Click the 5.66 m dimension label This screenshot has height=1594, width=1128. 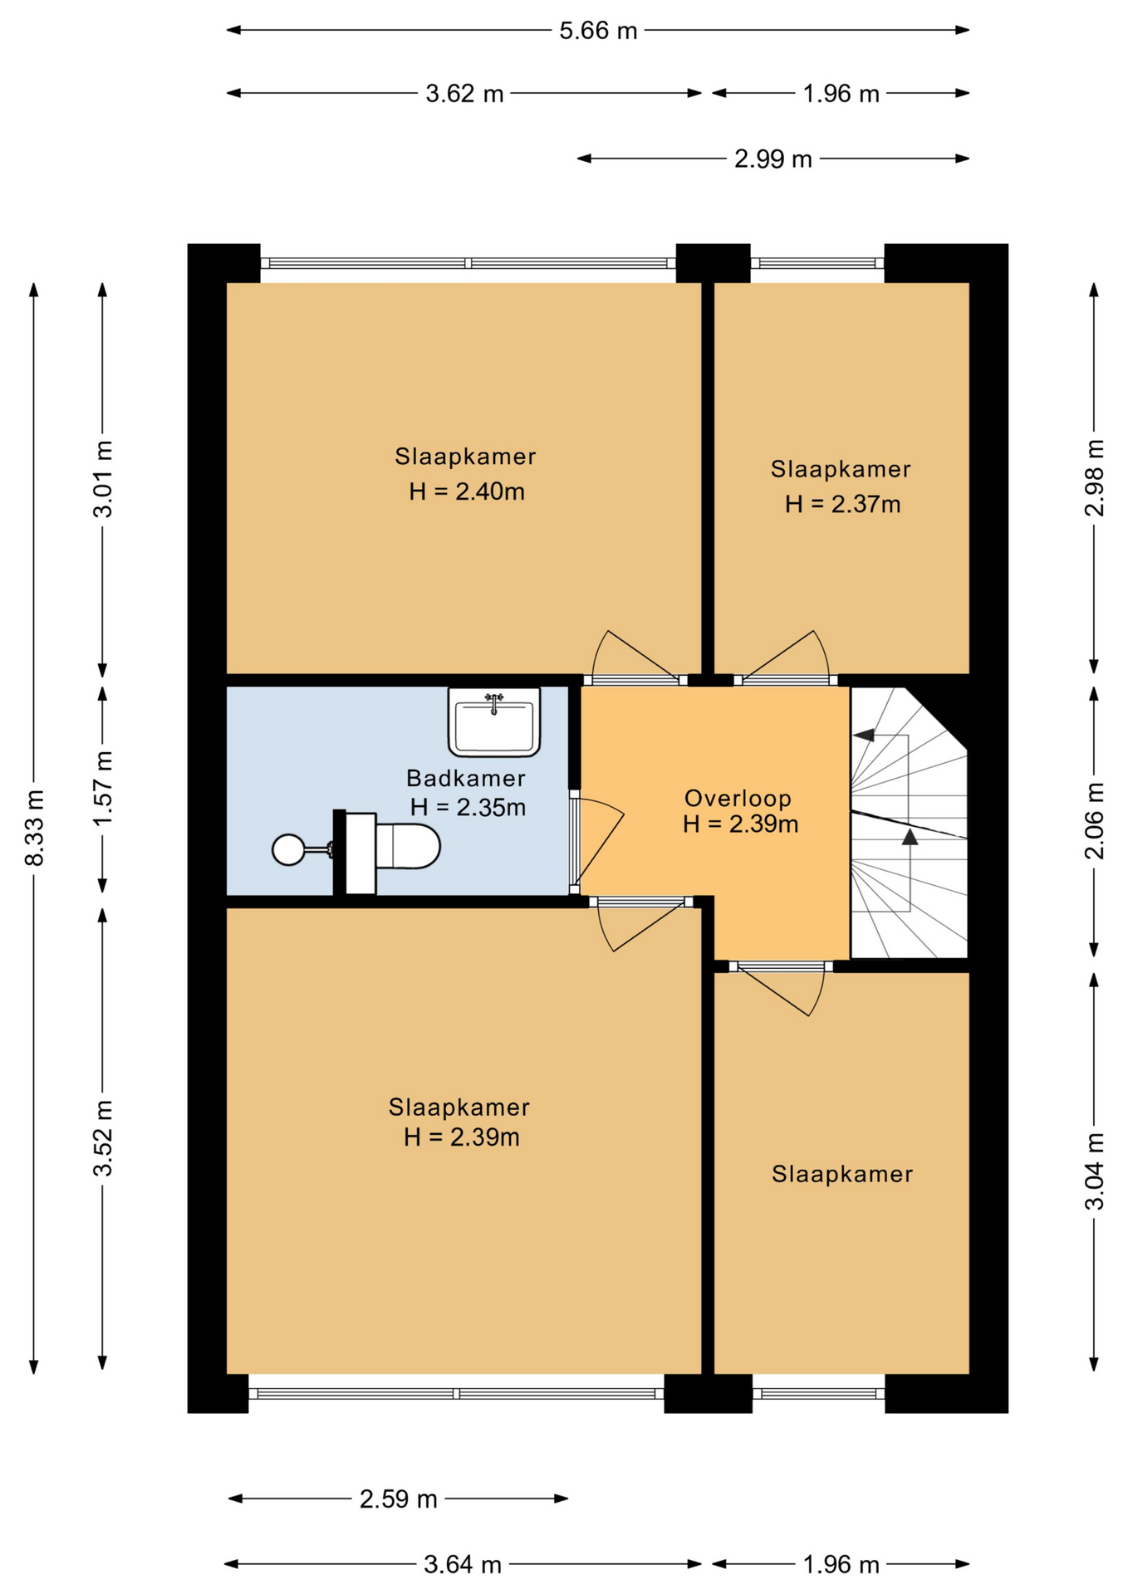tap(598, 31)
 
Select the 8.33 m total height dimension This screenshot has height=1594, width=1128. tap(34, 827)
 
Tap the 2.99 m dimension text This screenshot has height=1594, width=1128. tap(772, 159)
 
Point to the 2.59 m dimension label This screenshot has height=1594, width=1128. tap(398, 1499)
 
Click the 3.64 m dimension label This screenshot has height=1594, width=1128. tap(463, 1564)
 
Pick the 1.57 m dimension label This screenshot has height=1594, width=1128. tap(103, 788)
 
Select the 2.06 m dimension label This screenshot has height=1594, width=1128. tap(1095, 820)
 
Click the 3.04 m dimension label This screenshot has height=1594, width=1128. tap(1095, 1171)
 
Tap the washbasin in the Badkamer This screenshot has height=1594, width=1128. tap(494, 721)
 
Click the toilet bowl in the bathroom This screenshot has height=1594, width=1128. tap(407, 846)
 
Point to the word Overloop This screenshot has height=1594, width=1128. tap(738, 799)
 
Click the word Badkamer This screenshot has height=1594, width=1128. tap(466, 779)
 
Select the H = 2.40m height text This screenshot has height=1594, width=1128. tap(467, 491)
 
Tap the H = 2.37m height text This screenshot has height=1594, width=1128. tap(843, 504)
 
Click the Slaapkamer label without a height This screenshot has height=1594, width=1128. tap(842, 1174)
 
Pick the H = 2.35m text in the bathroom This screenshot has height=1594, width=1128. tap(468, 807)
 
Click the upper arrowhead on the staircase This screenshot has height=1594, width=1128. tap(864, 735)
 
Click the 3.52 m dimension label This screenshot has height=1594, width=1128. tap(103, 1137)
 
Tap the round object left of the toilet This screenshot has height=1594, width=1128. tap(289, 849)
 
